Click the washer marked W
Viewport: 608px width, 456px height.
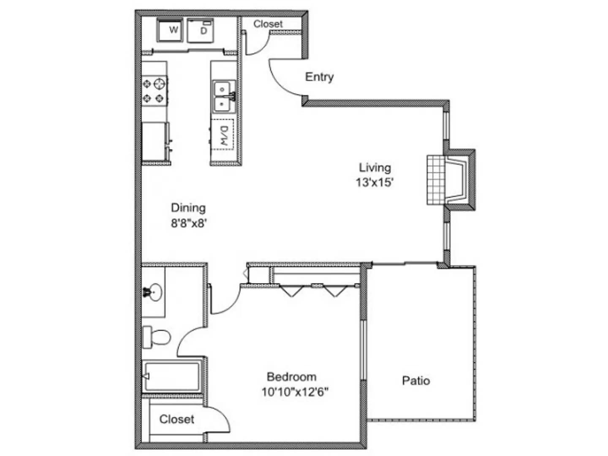tap(170, 30)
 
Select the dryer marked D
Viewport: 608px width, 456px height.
tap(201, 30)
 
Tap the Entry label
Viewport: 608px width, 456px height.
tap(319, 77)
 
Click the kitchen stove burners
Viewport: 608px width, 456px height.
tap(154, 91)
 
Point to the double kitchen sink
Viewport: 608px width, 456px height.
tap(223, 96)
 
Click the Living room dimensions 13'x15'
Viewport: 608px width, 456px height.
tap(375, 182)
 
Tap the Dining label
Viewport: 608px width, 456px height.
tap(188, 208)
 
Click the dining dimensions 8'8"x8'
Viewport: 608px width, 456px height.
tap(188, 223)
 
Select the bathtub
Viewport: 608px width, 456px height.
tap(171, 376)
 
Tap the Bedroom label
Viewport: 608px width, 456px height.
tap(291, 377)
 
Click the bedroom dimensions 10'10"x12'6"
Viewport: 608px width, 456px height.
tap(295, 392)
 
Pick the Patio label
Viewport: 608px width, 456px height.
tap(416, 381)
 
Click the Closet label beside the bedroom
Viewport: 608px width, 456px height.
tap(176, 419)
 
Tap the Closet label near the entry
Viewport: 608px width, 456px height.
tap(268, 24)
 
